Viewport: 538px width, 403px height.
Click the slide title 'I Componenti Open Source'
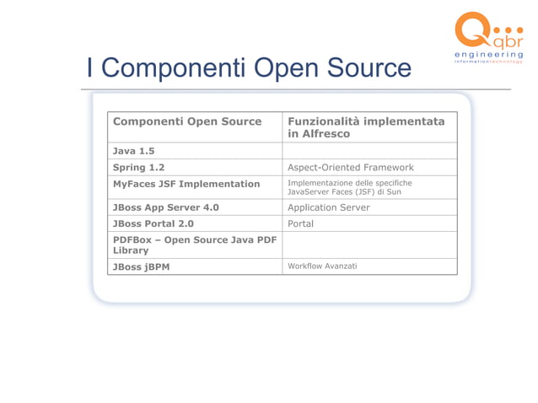pos(249,68)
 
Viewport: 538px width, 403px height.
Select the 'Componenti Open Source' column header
pos(187,121)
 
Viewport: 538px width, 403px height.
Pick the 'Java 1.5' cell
pos(134,151)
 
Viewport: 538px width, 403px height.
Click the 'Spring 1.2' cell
pos(139,167)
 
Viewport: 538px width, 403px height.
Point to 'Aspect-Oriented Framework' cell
pos(351,167)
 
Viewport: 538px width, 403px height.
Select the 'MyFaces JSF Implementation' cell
pos(186,184)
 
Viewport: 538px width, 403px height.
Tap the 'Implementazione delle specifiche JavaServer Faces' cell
pos(350,187)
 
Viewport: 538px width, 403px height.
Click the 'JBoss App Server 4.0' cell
pos(166,207)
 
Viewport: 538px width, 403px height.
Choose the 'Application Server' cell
pos(329,207)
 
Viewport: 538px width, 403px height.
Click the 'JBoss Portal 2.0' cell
pos(153,223)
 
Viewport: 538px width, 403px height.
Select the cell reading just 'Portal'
pos(301,223)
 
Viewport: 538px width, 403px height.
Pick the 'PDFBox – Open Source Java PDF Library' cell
pos(195,244)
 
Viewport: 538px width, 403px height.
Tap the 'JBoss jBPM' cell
pos(141,266)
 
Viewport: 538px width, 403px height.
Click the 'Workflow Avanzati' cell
pos(322,266)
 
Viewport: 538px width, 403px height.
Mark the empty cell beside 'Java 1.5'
pos(369,151)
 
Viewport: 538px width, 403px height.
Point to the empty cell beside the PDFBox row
pos(369,244)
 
